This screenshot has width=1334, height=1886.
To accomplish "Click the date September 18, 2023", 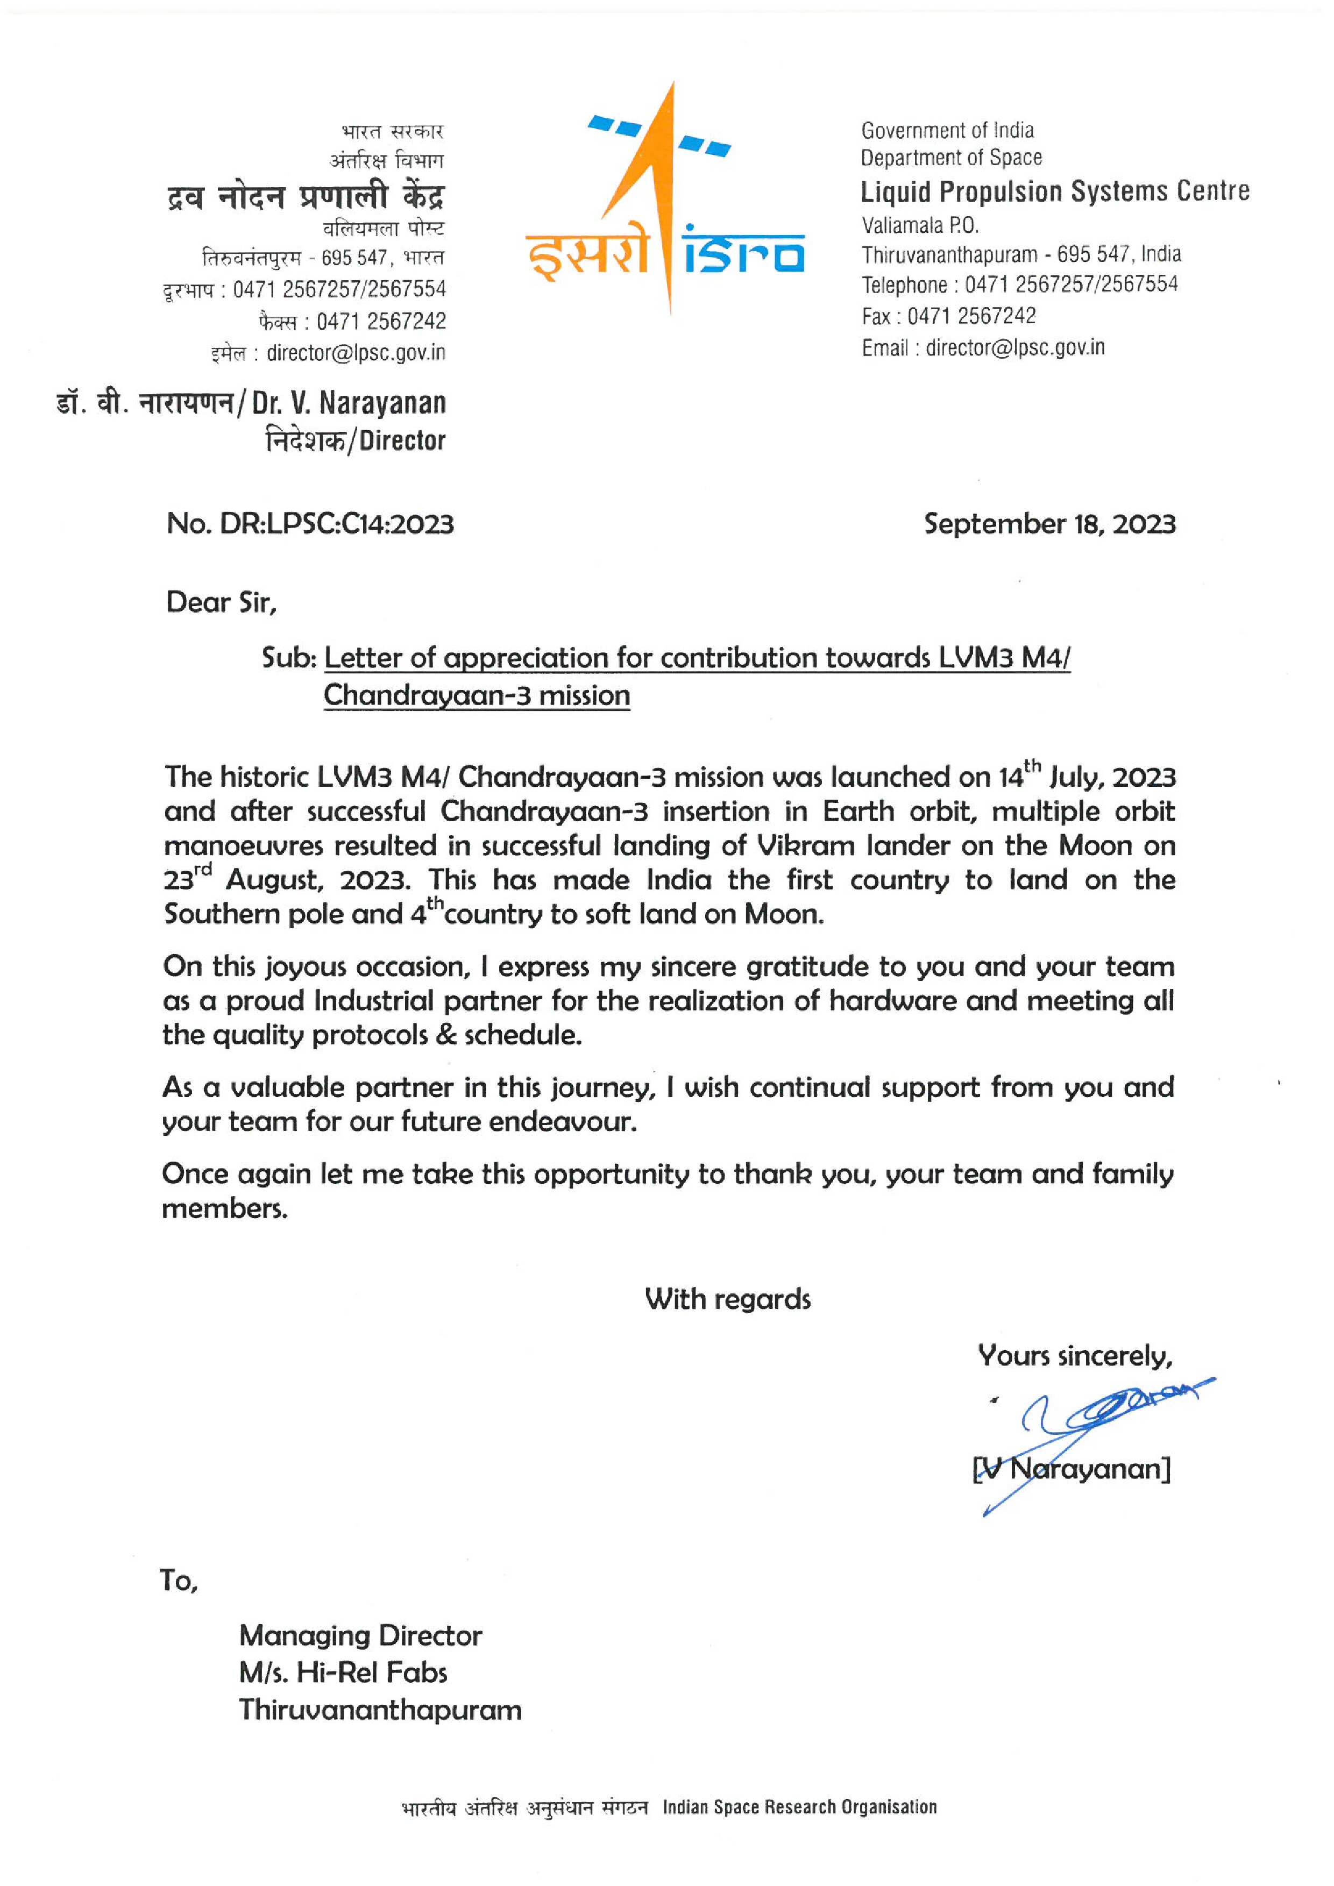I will coord(1049,523).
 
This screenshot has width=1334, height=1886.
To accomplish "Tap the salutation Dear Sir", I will coord(221,602).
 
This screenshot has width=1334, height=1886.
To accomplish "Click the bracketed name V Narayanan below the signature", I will coord(1071,1468).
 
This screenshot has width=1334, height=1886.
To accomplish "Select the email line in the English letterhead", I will coord(982,347).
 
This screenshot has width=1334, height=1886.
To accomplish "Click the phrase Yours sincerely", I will coord(1074,1355).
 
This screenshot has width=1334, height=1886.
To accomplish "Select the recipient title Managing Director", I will coord(360,1635).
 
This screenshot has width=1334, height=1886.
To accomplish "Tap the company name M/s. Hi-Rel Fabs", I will coord(343,1673).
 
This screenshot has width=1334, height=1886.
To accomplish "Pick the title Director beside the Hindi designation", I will coord(402,441).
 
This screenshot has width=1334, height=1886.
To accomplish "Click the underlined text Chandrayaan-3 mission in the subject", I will coord(477,695).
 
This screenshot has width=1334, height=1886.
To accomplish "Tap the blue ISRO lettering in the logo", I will coord(743,252).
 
